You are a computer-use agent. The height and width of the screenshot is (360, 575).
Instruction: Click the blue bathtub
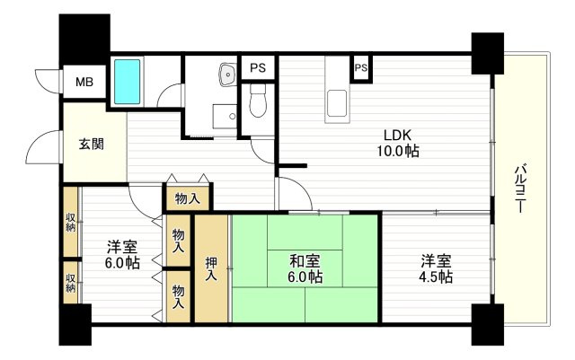coord(127,82)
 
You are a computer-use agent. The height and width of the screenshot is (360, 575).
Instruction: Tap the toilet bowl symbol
coord(258,101)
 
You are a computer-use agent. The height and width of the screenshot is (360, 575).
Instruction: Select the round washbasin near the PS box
coord(228,75)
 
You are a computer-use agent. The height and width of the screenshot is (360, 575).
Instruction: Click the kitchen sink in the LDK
coord(337,104)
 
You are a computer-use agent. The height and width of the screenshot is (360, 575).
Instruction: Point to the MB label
coord(84,82)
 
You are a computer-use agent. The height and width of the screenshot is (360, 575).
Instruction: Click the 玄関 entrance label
coord(92,145)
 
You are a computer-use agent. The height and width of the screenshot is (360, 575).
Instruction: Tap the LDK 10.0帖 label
coord(398,143)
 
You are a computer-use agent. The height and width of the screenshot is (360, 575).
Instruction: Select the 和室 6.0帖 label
coord(305,269)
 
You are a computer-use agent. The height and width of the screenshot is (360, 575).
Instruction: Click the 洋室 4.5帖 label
coord(436,269)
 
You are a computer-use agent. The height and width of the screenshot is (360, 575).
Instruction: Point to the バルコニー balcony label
coord(521,189)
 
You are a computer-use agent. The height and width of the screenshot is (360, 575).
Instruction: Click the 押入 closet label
coord(211,268)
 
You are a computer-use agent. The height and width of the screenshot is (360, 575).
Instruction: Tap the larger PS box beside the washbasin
coord(258,67)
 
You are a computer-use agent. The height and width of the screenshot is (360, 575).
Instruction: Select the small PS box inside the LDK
coord(361,68)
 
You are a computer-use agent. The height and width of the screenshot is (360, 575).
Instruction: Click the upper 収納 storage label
coord(70,222)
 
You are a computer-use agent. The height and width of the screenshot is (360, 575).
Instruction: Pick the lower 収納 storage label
coord(70,284)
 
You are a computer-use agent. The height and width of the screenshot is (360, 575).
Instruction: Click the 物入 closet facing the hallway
coord(188,198)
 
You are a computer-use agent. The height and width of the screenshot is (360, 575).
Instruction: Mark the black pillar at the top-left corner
coord(84,40)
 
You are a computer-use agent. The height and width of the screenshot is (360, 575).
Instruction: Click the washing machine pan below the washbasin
coord(226,116)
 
